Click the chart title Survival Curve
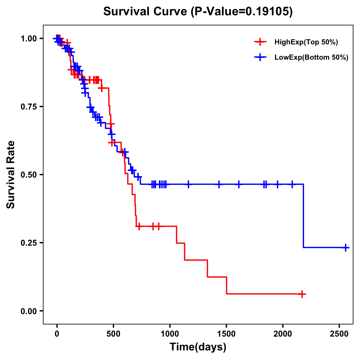[x=146, y=12]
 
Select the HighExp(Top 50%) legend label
[x=306, y=42]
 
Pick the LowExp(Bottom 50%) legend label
[x=311, y=58]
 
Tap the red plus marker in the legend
[x=260, y=42]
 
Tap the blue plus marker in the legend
[x=260, y=57]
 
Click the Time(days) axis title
[x=198, y=347]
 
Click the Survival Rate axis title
[x=11, y=175]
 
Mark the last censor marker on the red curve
[x=302, y=294]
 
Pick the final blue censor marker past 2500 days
[x=346, y=247]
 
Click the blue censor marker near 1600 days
[x=239, y=184]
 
